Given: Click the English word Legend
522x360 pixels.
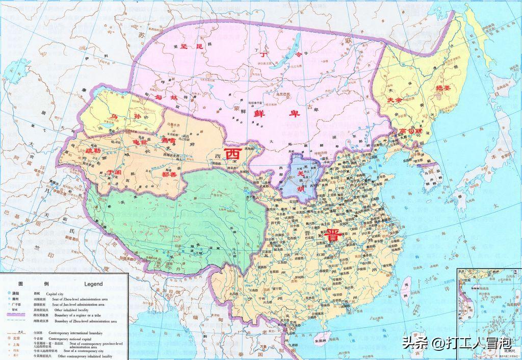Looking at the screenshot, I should (92, 284).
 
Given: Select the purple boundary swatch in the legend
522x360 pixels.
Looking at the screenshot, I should (17, 315).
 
